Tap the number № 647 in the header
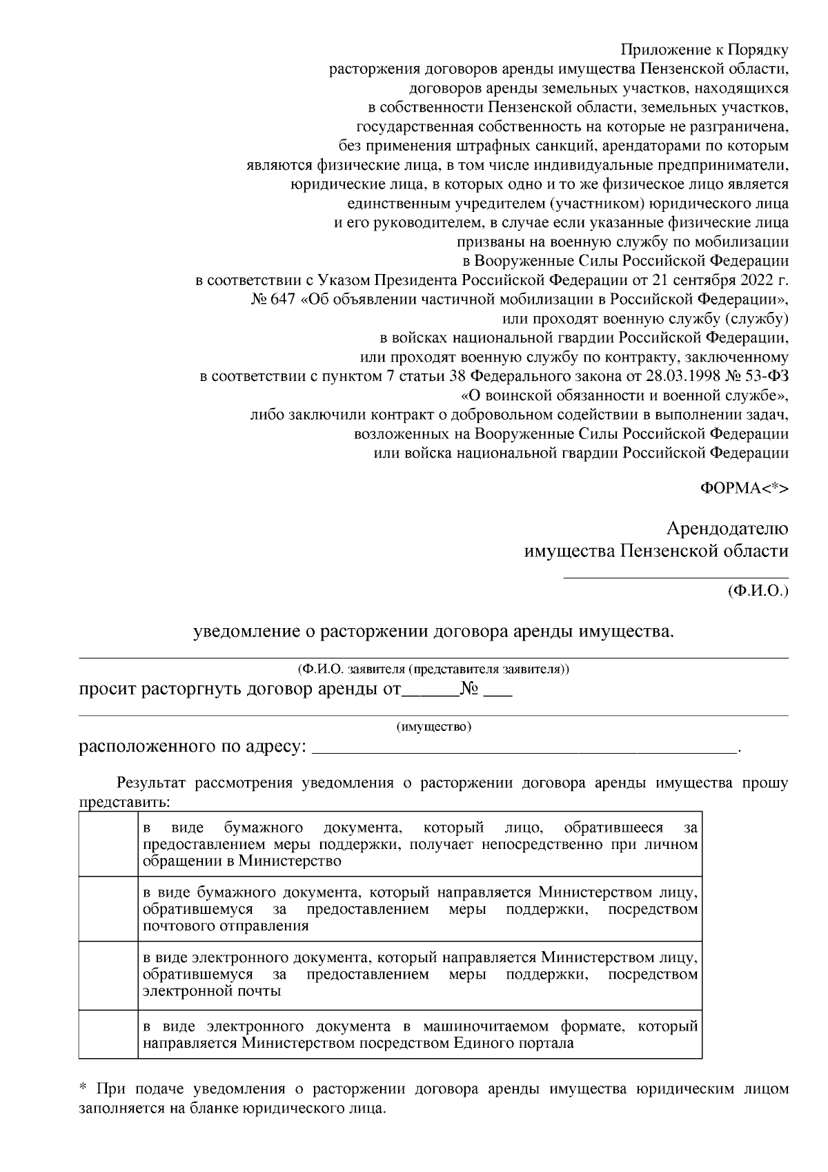click(273, 300)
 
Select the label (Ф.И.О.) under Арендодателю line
click(757, 592)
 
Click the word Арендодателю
click(727, 529)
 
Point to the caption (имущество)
click(434, 727)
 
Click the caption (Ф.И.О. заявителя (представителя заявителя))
click(434, 670)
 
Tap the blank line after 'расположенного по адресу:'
click(524, 748)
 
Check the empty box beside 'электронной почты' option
click(108, 975)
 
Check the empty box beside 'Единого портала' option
click(108, 1034)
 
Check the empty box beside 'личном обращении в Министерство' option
click(108, 844)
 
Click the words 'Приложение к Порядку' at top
click(704, 50)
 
